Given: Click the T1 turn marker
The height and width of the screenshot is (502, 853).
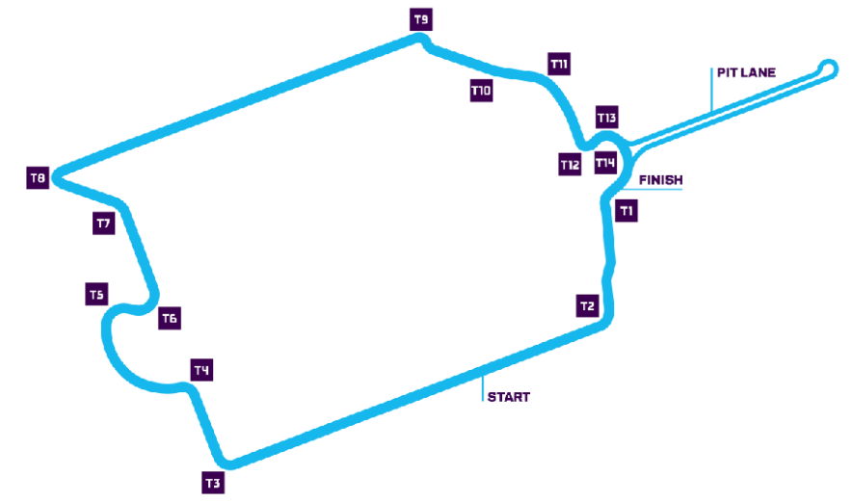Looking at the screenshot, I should pos(627,209).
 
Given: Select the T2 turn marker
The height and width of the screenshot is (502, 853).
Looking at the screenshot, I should pos(588,306).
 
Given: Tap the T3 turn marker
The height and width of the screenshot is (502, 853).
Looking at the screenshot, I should pos(213,482).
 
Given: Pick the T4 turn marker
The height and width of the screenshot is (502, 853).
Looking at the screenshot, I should pos(201,370).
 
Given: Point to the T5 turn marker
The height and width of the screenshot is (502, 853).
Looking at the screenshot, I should pos(95,294).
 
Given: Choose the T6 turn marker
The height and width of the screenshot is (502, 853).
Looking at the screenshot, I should pos(170,318).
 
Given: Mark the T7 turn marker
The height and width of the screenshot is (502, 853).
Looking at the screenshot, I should pos(104,224).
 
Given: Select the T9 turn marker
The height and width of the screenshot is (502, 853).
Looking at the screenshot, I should pos(421,18).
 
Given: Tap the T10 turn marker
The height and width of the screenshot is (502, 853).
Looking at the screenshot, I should pos(481,91).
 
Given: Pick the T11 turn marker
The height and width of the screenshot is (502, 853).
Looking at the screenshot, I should pos(559,64).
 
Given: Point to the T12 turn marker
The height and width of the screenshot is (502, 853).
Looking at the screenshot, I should pos(570,165).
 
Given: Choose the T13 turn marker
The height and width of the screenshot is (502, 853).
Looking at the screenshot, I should pos(606,117).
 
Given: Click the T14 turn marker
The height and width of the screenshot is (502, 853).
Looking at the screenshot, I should pos(605,163).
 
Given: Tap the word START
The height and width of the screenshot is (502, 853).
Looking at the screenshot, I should pos(508,397).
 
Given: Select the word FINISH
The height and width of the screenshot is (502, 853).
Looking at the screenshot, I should pos(660,179).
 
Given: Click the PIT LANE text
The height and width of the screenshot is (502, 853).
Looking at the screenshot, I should pos(746,72).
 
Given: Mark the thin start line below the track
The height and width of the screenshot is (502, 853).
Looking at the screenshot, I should pos(482,385).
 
